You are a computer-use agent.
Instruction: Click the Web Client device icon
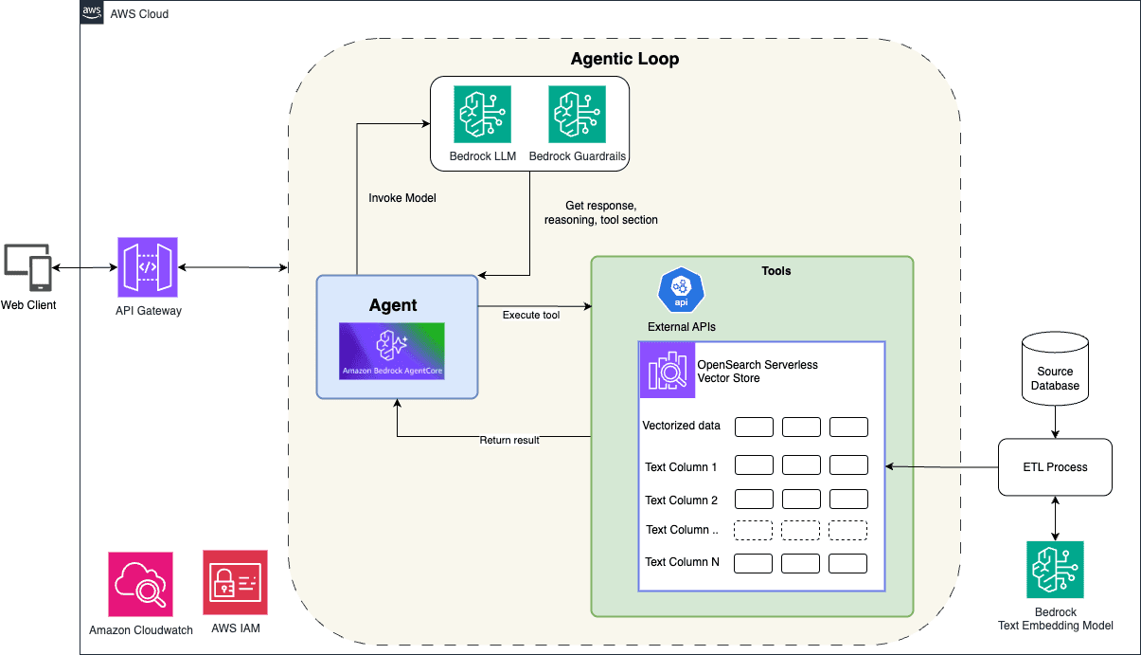click(28, 268)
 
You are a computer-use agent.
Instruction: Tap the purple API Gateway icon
click(147, 268)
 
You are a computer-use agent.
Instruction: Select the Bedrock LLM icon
click(482, 114)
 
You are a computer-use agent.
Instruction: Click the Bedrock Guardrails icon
click(577, 114)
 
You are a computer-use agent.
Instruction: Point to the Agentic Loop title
click(624, 59)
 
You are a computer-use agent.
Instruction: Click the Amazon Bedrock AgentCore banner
click(392, 352)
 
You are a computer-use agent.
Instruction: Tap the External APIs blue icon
click(681, 291)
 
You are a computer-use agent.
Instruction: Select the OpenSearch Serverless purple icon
click(667, 370)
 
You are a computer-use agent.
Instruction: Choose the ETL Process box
click(1055, 466)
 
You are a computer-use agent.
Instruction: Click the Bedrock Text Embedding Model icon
click(1055, 570)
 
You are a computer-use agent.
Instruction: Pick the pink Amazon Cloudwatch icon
click(140, 583)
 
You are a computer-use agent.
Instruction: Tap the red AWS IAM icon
click(235, 583)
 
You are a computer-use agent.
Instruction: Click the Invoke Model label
click(401, 198)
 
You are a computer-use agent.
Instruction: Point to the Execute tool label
click(530, 315)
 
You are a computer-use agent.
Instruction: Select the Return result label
click(509, 440)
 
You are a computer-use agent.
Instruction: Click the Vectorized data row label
click(681, 426)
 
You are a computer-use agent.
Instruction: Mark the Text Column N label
click(682, 562)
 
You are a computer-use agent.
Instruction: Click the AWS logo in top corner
click(93, 12)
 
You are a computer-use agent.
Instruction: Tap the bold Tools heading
click(776, 271)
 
